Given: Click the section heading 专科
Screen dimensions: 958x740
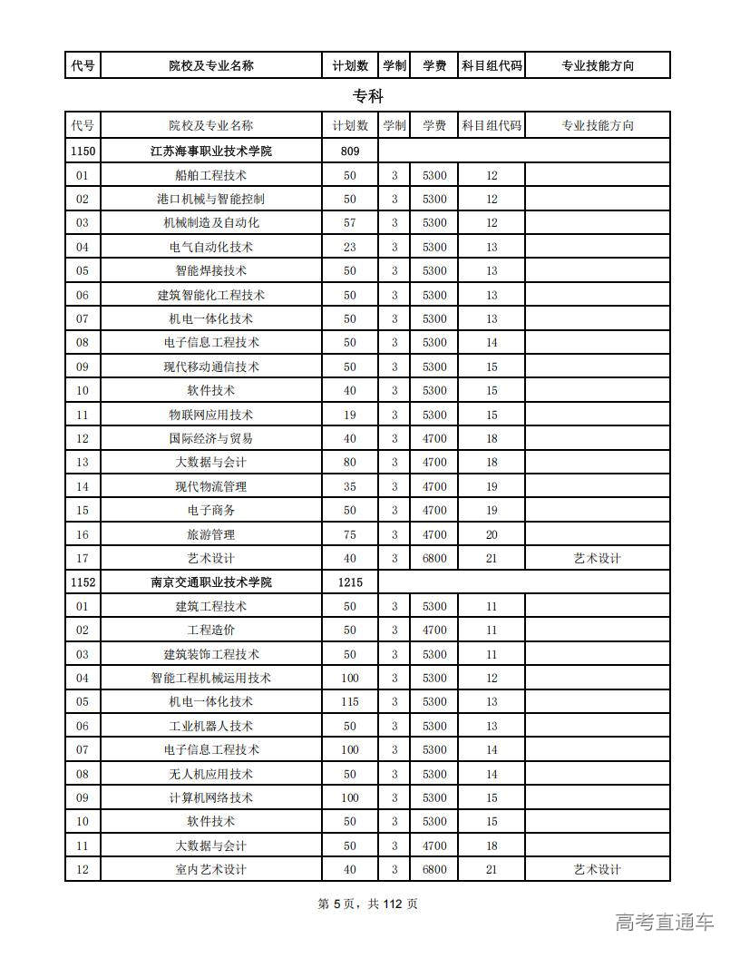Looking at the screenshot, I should pos(368,96).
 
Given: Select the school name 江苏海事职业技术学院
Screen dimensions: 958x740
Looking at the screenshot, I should pos(211,151).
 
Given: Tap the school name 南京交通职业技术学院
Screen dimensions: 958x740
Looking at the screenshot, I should pos(211,582).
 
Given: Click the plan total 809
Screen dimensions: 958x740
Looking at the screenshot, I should pos(350,151).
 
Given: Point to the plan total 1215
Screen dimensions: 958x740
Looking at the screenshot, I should pos(350,582).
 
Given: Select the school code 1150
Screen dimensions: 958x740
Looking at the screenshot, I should pos(83,151).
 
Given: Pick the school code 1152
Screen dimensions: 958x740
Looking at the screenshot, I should pos(83,582).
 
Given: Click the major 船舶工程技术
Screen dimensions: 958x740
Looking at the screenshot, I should pos(211,175).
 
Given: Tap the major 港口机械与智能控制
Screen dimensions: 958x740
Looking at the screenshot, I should pos(211,199).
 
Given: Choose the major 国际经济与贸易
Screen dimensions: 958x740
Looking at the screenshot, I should pos(211,438).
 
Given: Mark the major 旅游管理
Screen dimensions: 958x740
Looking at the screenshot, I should pos(211,534).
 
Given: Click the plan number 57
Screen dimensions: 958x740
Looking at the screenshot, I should pos(350,222).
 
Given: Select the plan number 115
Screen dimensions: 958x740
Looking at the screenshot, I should pos(350,701).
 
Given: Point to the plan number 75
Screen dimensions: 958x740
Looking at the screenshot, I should pos(350,534).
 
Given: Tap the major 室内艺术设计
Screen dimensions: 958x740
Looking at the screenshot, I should pos(211,869).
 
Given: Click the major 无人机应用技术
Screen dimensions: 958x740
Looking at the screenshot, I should pos(211,774).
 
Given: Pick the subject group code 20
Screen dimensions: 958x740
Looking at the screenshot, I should pos(492,534).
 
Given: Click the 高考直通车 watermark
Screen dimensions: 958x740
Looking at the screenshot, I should pos(665,923).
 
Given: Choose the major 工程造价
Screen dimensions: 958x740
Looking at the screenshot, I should pos(211,630).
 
